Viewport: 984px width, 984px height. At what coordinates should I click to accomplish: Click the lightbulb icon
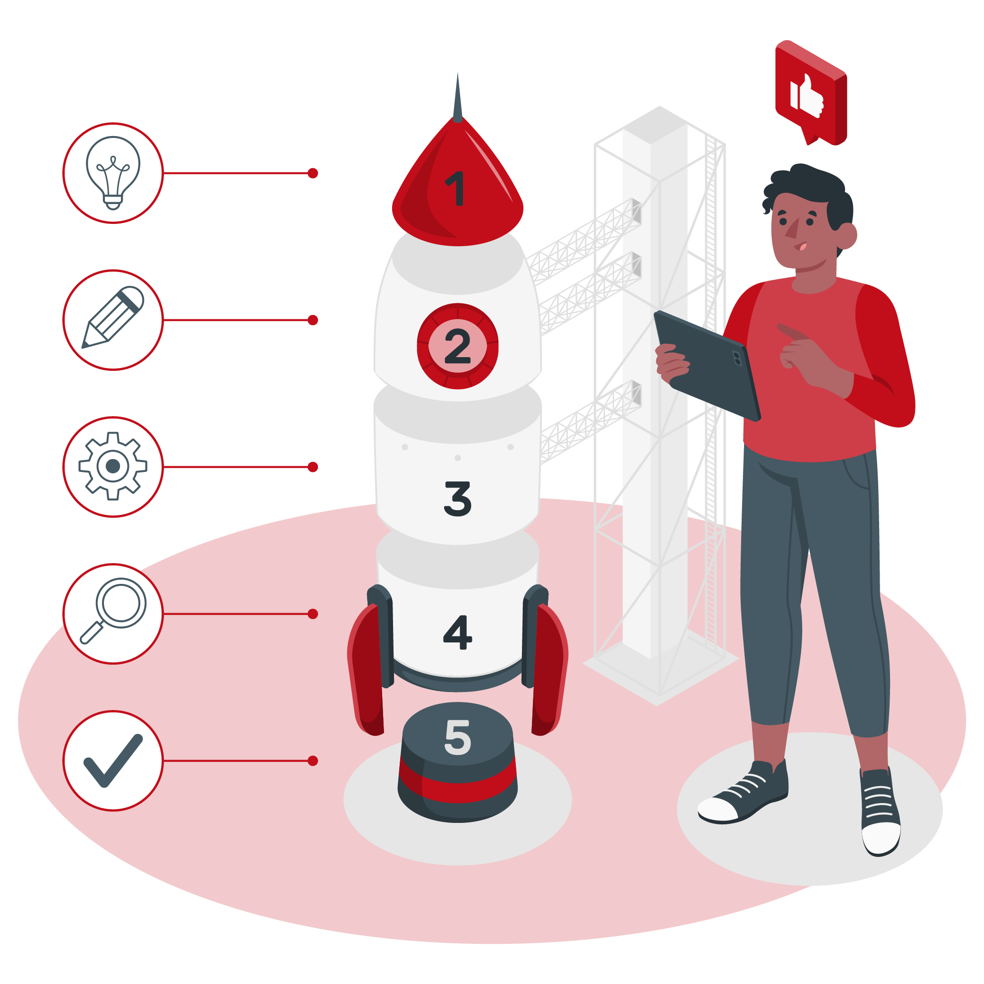click(113, 172)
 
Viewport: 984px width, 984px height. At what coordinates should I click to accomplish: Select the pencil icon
click(113, 317)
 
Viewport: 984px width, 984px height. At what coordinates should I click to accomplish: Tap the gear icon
click(113, 466)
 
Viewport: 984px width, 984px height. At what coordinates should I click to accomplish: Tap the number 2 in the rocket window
click(457, 346)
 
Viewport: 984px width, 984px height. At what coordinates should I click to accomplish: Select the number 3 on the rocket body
click(457, 499)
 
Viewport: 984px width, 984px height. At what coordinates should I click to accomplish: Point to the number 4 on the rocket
click(457, 632)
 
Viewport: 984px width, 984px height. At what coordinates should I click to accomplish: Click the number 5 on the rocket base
click(457, 737)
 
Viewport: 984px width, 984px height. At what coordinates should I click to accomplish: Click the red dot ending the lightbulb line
click(313, 173)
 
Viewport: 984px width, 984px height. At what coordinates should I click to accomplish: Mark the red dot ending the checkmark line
click(313, 761)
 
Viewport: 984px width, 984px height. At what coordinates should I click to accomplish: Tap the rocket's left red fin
click(366, 670)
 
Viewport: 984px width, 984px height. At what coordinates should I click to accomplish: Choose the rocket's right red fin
click(549, 670)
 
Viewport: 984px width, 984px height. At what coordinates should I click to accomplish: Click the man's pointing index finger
click(792, 332)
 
